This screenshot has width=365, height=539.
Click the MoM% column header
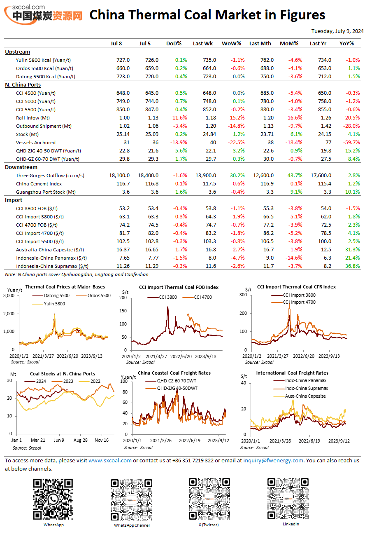pyautogui.click(x=289, y=44)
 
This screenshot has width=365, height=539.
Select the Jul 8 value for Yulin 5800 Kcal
pyautogui.click(x=123, y=60)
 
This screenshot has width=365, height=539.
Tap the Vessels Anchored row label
pyautogui.click(x=35, y=143)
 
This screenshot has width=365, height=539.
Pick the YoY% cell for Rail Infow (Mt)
pyautogui.click(x=351, y=118)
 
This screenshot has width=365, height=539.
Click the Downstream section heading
pyautogui.click(x=21, y=167)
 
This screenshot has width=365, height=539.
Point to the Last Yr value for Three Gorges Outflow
pyautogui.click(x=321, y=176)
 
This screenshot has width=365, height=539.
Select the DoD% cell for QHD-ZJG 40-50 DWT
pyautogui.click(x=181, y=151)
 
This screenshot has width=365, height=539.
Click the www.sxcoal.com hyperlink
pyautogui.click(x=110, y=460)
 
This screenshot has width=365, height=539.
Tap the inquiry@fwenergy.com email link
pyautogui.click(x=273, y=460)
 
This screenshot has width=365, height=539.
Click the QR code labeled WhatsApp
pyautogui.click(x=53, y=499)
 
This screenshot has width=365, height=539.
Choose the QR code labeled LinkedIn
pyautogui.click(x=288, y=499)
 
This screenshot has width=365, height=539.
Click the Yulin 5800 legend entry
pyautogui.click(x=49, y=304)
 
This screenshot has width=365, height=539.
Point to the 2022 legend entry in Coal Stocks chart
pyautogui.click(x=90, y=382)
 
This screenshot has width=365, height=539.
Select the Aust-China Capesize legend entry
pyautogui.click(x=300, y=396)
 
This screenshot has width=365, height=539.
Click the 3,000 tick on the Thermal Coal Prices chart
pyautogui.click(x=9, y=295)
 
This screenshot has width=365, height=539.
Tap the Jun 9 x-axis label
pyautogui.click(x=59, y=440)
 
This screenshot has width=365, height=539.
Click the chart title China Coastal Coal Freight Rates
pyautogui.click(x=174, y=373)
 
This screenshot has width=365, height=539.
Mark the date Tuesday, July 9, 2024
pyautogui.click(x=337, y=31)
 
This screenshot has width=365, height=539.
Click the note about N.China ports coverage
pyautogui.click(x=77, y=274)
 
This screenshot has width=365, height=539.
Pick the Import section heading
pyautogui.click(x=14, y=200)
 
